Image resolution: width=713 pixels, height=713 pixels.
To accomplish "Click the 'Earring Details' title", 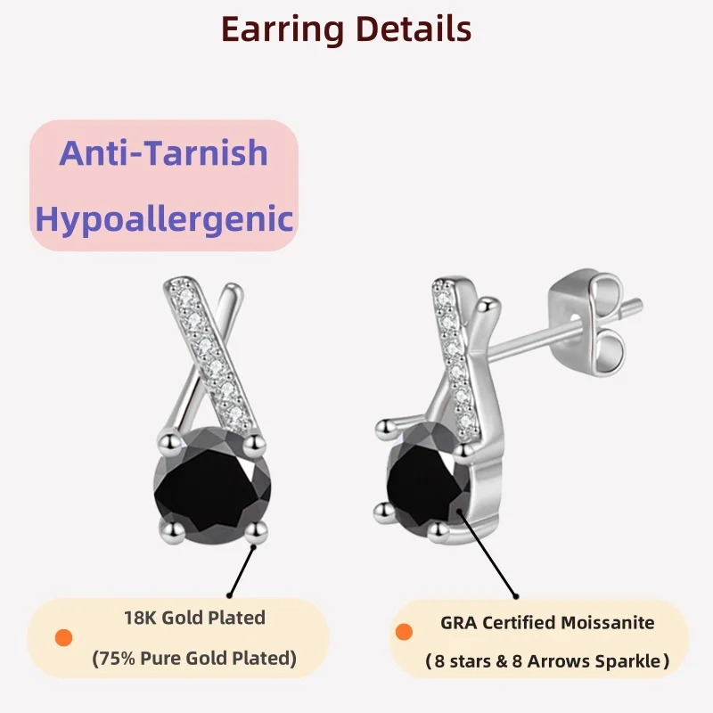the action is pos(346,29).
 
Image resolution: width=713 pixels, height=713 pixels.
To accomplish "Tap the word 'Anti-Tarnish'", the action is pos(164,152).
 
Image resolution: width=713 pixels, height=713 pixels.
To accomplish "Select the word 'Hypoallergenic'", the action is pos(164,217).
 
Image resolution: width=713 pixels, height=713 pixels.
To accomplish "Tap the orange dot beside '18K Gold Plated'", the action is pos(63,638).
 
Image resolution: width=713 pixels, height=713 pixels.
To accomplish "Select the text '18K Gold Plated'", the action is pos(194,617).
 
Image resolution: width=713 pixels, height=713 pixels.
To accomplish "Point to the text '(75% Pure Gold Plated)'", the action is pos(194,660).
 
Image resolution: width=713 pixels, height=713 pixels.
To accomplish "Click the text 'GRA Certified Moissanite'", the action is pos(547,623).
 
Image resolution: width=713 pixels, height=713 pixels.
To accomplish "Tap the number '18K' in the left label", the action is pos(140,617).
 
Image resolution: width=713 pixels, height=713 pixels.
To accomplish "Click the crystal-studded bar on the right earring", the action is pos(454,348).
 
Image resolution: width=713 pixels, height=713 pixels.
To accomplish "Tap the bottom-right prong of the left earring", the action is pos(258,532).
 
